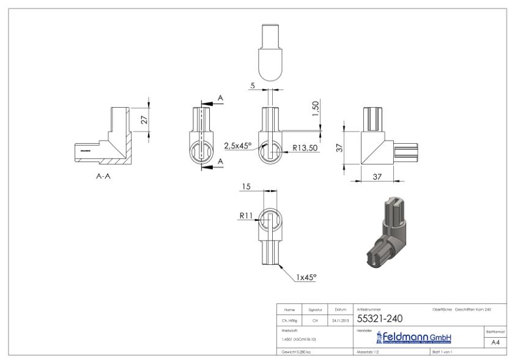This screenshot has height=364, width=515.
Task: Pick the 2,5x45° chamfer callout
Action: [237, 146]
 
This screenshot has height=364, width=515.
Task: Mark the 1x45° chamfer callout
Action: [306, 277]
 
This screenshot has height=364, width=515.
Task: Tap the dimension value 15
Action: [245, 187]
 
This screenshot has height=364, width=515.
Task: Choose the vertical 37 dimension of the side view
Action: [338, 147]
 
